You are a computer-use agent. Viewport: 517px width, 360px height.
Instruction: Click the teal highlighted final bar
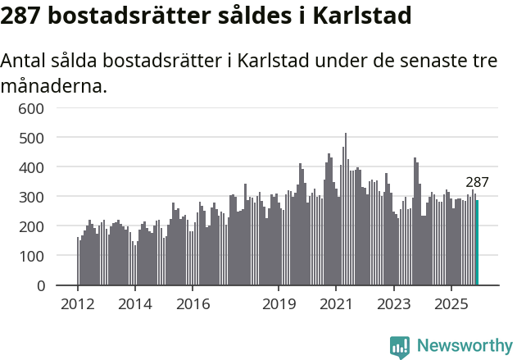click(478, 244)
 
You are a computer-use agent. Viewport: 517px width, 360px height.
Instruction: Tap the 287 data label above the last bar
click(477, 183)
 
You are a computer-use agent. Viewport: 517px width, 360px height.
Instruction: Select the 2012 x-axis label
click(78, 304)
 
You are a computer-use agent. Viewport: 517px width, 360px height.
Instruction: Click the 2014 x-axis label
click(135, 304)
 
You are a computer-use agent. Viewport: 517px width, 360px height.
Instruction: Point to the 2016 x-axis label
click(193, 304)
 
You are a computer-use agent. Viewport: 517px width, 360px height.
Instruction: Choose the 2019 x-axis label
click(279, 304)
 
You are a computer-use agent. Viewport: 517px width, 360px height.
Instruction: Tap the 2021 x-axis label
click(336, 304)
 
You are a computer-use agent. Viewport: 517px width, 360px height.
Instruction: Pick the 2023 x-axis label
click(393, 304)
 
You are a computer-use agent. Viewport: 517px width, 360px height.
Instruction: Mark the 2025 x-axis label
click(451, 304)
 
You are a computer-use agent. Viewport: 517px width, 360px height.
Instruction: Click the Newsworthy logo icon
click(400, 347)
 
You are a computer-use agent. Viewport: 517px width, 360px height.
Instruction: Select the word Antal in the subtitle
click(25, 62)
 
